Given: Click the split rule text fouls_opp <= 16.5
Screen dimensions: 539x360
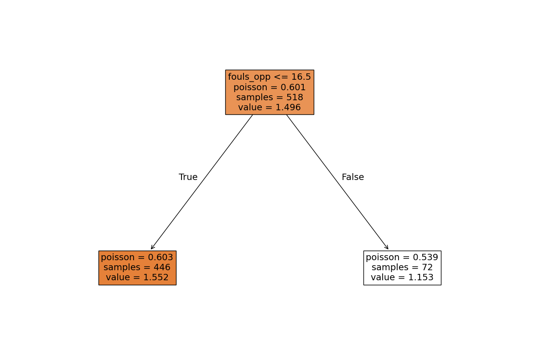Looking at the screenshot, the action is pyautogui.click(x=269, y=77).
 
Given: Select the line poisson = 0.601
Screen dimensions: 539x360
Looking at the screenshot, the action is pyautogui.click(x=269, y=87).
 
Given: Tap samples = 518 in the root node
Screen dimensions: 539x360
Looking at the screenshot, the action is pyautogui.click(x=269, y=97).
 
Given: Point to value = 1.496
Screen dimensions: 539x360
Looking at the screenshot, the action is pyautogui.click(x=269, y=107).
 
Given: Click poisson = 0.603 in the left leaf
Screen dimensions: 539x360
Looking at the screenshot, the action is pyautogui.click(x=137, y=257).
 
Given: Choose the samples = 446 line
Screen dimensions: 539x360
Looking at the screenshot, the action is pyautogui.click(x=137, y=267).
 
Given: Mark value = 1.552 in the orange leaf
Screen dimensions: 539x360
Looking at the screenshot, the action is pyautogui.click(x=137, y=277).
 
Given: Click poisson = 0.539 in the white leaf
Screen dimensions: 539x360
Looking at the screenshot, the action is pyautogui.click(x=402, y=257).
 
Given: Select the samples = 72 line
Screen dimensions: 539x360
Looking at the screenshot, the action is pyautogui.click(x=402, y=267).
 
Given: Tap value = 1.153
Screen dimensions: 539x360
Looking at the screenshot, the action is pyautogui.click(x=402, y=277).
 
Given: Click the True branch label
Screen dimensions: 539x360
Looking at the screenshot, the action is pyautogui.click(x=188, y=177).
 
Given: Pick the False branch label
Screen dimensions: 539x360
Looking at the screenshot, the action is pyautogui.click(x=352, y=177).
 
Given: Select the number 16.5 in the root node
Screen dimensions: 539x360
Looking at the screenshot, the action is pyautogui.click(x=301, y=77).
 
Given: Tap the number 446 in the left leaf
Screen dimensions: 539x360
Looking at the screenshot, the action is pyautogui.click(x=162, y=267).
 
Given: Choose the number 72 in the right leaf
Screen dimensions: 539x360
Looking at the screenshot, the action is pyautogui.click(x=427, y=267).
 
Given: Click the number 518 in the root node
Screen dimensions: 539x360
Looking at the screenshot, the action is pyautogui.click(x=295, y=97).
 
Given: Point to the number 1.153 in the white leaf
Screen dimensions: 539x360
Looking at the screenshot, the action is pyautogui.click(x=421, y=277).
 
